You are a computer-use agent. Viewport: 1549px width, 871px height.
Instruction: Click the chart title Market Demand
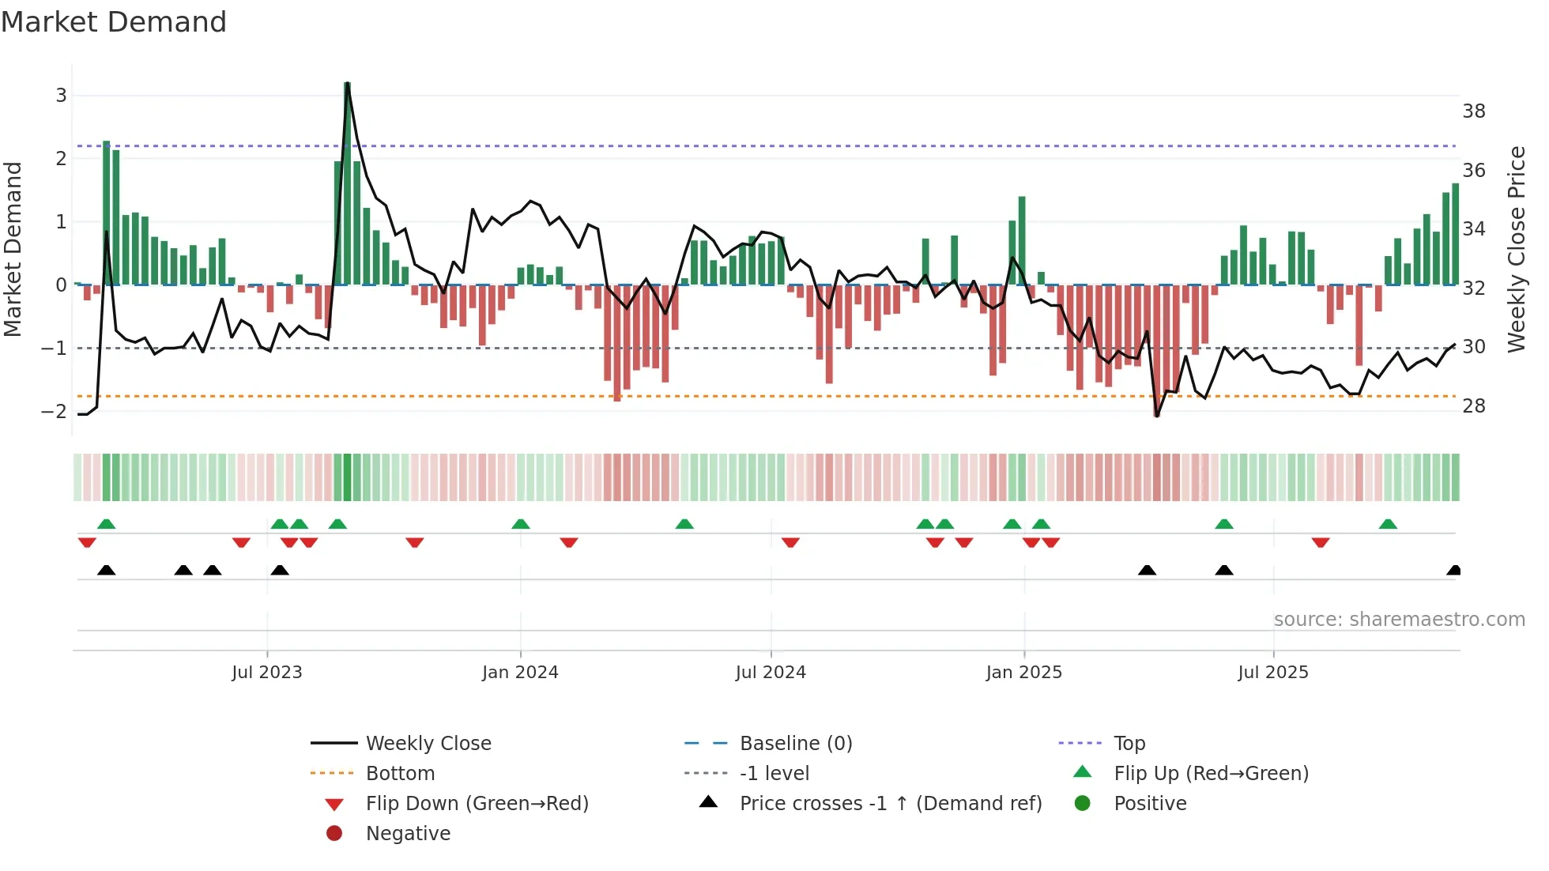pyautogui.click(x=114, y=22)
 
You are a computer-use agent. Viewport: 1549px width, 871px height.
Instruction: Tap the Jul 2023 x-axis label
pyautogui.click(x=266, y=673)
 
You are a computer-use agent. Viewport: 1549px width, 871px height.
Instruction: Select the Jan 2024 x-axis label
pyautogui.click(x=520, y=673)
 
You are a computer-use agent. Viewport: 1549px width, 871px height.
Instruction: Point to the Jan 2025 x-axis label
pyautogui.click(x=1023, y=673)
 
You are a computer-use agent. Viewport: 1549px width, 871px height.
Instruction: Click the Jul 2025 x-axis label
pyautogui.click(x=1272, y=673)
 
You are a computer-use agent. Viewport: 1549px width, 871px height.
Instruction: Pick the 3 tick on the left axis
pyautogui.click(x=61, y=96)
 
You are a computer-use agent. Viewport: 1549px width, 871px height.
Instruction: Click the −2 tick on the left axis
pyautogui.click(x=54, y=411)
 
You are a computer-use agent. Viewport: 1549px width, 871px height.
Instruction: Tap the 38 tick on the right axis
pyautogui.click(x=1473, y=111)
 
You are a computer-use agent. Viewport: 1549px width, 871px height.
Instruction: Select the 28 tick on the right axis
pyautogui.click(x=1473, y=406)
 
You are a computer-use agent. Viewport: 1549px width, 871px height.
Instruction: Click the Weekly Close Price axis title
pyautogui.click(x=1516, y=249)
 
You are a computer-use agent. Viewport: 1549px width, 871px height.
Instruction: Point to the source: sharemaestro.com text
pyautogui.click(x=1399, y=620)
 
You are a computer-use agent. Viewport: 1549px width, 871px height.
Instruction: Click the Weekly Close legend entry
pyautogui.click(x=428, y=744)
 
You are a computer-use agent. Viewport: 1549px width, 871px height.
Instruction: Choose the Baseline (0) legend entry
pyautogui.click(x=795, y=744)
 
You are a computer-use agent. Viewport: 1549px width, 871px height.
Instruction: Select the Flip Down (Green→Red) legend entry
pyautogui.click(x=477, y=804)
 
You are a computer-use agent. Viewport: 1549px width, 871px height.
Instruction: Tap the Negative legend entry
pyautogui.click(x=408, y=834)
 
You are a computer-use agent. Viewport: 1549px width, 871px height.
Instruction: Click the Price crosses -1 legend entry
pyautogui.click(x=890, y=804)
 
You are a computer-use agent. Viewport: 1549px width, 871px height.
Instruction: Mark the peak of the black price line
pyautogui.click(x=348, y=84)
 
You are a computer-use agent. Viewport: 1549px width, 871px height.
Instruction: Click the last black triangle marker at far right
pyautogui.click(x=1453, y=570)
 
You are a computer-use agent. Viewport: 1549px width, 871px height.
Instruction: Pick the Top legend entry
pyautogui.click(x=1129, y=744)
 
